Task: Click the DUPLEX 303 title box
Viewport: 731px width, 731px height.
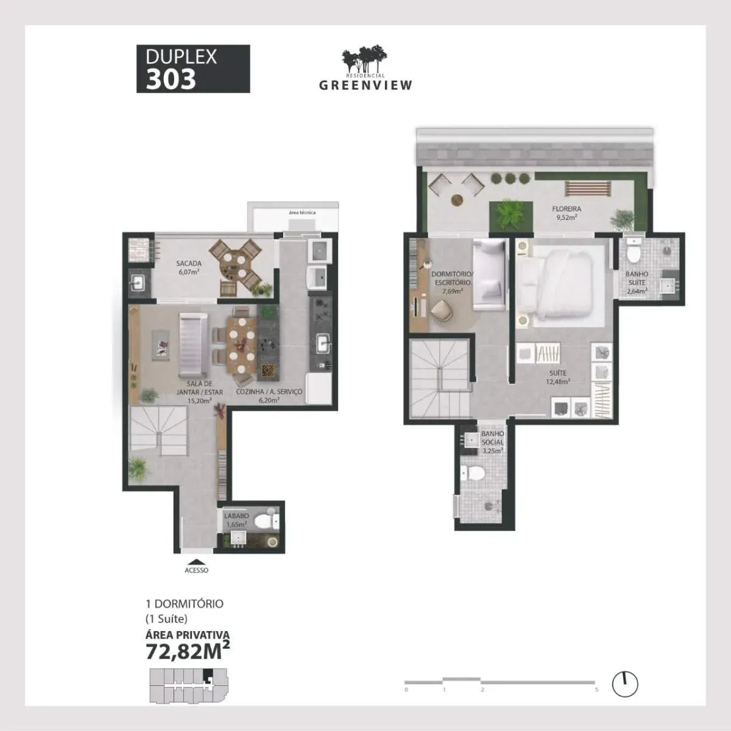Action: (192, 69)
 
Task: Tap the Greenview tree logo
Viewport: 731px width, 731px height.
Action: (364, 60)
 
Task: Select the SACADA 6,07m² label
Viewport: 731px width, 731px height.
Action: (189, 267)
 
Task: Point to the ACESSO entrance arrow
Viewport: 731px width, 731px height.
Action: (196, 562)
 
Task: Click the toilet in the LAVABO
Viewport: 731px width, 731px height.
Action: (265, 521)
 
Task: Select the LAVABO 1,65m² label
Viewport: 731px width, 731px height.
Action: (236, 520)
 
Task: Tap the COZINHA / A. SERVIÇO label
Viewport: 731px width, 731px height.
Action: (269, 396)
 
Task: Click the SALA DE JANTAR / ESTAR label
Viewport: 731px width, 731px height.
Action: (199, 392)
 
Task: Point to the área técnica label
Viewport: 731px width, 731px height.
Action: (302, 213)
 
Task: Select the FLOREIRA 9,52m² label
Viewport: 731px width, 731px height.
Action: (566, 213)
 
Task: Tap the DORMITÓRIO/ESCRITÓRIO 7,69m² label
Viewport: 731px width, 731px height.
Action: (451, 282)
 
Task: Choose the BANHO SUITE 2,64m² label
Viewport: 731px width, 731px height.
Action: (637, 283)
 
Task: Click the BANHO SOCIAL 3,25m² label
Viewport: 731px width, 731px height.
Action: (492, 442)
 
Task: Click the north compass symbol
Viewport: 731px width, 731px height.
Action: (624, 684)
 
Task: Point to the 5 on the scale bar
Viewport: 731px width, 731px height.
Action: (596, 690)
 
